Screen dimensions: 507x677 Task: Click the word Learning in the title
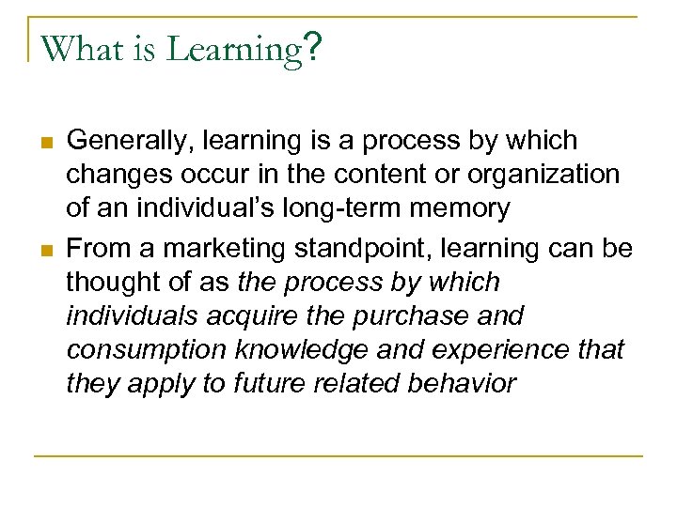tap(232, 48)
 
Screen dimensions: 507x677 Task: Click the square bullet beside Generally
tap(44, 143)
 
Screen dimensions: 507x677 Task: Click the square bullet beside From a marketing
tap(44, 249)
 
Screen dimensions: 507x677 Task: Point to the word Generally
tap(125, 142)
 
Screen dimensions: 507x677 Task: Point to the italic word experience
tap(497, 349)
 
